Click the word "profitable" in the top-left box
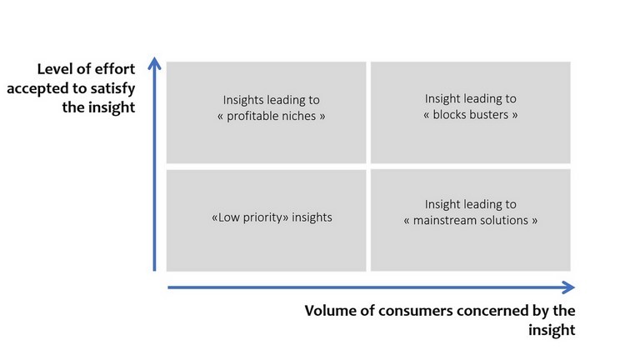tap(251, 117)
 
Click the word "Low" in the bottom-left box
tap(229, 217)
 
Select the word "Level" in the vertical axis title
tap(54, 69)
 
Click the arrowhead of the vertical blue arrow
tap(154, 62)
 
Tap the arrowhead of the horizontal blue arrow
tap(568, 287)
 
